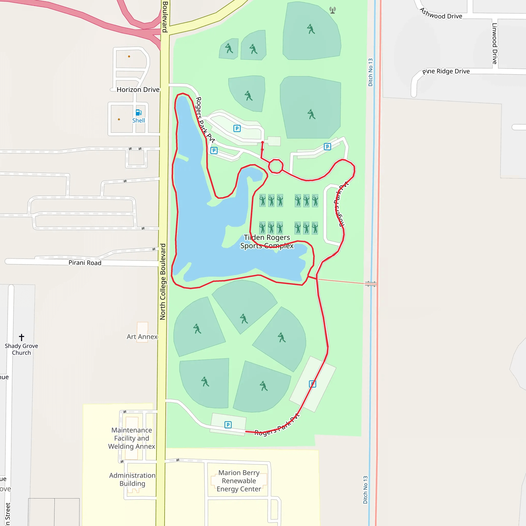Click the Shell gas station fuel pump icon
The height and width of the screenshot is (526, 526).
click(139, 112)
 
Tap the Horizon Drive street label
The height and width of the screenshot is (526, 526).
click(138, 90)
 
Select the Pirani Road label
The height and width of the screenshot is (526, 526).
click(85, 263)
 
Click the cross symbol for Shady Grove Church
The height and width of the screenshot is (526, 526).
click(22, 337)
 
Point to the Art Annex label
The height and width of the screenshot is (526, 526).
click(142, 337)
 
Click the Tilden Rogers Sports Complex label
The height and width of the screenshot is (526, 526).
click(267, 241)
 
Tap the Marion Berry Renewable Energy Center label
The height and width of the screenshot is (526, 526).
click(239, 481)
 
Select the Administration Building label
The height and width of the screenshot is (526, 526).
click(132, 480)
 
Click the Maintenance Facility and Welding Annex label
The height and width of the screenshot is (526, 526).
click(132, 438)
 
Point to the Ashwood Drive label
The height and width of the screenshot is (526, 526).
click(441, 14)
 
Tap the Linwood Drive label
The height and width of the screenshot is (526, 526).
click(495, 44)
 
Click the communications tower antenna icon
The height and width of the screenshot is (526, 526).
click(332, 10)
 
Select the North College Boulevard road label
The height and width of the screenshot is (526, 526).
click(163, 281)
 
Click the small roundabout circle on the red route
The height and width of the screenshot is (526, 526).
click(276, 166)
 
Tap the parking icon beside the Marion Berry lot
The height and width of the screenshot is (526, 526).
click(228, 425)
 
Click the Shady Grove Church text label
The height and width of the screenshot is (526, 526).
click(22, 349)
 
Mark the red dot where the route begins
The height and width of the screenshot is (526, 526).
click(262, 143)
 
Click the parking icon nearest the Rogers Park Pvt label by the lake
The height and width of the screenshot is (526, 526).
click(214, 151)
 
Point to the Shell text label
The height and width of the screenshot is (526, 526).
click(139, 120)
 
